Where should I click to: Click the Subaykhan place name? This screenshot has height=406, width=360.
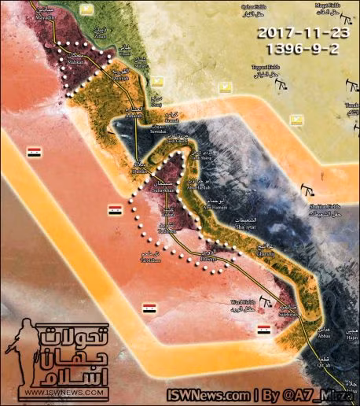click(x=170, y=190)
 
